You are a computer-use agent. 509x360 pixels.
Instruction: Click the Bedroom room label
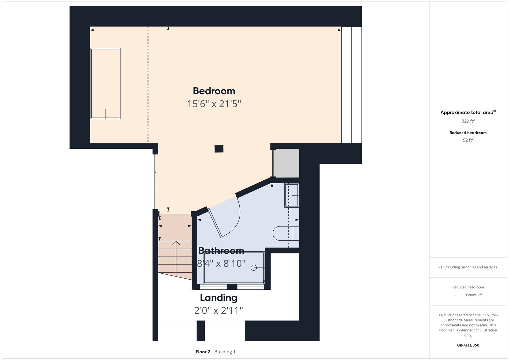coord(214,91)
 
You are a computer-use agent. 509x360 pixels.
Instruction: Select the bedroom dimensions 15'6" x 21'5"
coord(214,104)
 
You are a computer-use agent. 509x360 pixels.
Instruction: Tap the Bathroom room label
coord(221,251)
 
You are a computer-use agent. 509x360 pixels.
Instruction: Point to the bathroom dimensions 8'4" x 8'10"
coord(221,264)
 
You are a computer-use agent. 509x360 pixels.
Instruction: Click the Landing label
coord(219,298)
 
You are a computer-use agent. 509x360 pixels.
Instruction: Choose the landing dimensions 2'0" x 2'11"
coord(219,310)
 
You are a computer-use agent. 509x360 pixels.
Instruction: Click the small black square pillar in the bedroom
coord(219,149)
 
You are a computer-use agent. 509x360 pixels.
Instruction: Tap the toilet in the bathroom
coord(286,233)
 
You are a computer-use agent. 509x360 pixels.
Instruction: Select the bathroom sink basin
coord(292,195)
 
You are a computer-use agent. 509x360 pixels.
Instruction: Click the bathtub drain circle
coord(254,268)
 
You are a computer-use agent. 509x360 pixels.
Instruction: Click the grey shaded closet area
coord(286,163)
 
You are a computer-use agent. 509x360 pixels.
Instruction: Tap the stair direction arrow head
coord(176,243)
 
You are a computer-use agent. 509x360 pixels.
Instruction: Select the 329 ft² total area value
coord(468,121)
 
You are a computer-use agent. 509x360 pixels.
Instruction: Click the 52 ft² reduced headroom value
coord(468,140)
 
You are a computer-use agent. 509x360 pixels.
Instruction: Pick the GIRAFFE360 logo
coord(468,345)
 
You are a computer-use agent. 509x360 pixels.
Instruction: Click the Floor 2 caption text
coord(203,352)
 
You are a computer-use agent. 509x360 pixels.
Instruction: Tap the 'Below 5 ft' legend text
coord(474,295)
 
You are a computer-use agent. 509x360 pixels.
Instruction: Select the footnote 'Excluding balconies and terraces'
coord(471,267)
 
